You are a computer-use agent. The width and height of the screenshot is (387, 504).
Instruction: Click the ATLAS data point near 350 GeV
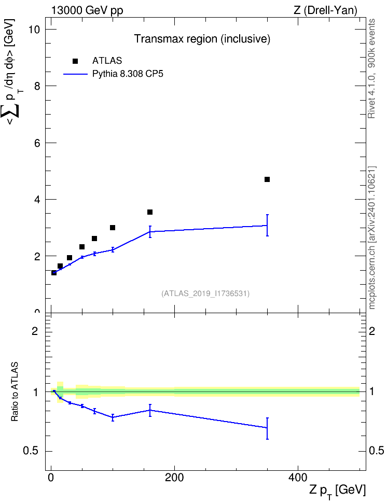click(x=267, y=179)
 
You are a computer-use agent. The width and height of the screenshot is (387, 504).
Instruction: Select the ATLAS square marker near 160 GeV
click(x=149, y=212)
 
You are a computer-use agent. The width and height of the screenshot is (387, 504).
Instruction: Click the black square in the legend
click(x=75, y=61)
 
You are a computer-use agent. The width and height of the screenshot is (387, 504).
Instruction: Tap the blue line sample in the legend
click(x=75, y=74)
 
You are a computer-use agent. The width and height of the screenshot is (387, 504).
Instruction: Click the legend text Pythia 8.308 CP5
click(x=128, y=74)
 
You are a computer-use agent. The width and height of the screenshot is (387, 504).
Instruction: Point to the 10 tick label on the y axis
click(x=34, y=30)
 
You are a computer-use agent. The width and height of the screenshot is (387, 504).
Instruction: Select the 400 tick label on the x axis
click(x=298, y=478)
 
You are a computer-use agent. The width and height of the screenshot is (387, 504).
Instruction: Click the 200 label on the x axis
click(x=174, y=478)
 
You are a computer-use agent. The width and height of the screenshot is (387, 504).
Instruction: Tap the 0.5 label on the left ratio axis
click(x=31, y=451)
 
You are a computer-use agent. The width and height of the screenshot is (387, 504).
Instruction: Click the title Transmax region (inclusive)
click(x=202, y=39)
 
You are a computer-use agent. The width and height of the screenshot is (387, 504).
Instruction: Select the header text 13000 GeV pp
click(x=87, y=10)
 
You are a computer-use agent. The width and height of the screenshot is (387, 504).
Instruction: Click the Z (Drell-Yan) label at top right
click(x=325, y=10)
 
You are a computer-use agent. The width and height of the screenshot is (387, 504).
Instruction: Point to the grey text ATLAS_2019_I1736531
click(x=205, y=293)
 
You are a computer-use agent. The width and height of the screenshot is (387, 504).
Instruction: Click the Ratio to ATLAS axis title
click(x=15, y=392)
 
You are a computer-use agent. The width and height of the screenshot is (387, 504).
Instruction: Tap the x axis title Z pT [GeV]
click(x=338, y=491)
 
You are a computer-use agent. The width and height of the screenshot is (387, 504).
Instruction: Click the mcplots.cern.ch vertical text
click(x=372, y=238)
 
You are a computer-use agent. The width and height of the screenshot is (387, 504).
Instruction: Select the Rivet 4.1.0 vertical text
click(x=371, y=68)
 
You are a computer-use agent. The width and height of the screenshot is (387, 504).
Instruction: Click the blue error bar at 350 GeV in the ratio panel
click(x=267, y=428)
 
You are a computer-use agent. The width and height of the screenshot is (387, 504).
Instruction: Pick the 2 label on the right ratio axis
click(x=372, y=331)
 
